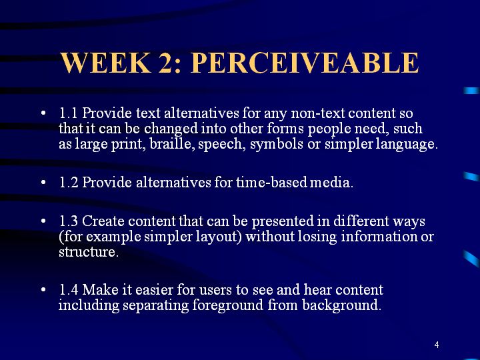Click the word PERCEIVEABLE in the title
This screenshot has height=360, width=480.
click(x=305, y=63)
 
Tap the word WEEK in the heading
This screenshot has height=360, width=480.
click(x=106, y=63)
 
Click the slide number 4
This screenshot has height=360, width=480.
click(x=437, y=345)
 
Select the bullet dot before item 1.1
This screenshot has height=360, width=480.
click(x=43, y=113)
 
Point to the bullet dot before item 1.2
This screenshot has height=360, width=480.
click(x=43, y=183)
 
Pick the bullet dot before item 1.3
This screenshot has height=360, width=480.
click(x=43, y=221)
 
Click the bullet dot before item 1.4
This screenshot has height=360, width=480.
click(x=43, y=289)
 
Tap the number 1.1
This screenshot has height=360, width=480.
click(x=68, y=113)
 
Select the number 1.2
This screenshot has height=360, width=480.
click(x=69, y=183)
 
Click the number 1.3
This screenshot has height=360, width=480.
click(x=69, y=221)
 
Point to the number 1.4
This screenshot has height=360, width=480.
click(x=69, y=289)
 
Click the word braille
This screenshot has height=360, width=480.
click(x=173, y=143)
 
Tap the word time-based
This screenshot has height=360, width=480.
click(x=271, y=183)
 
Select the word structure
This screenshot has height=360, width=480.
click(x=89, y=252)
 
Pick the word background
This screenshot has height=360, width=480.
click(x=341, y=305)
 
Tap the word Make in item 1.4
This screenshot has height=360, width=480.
click(x=101, y=289)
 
